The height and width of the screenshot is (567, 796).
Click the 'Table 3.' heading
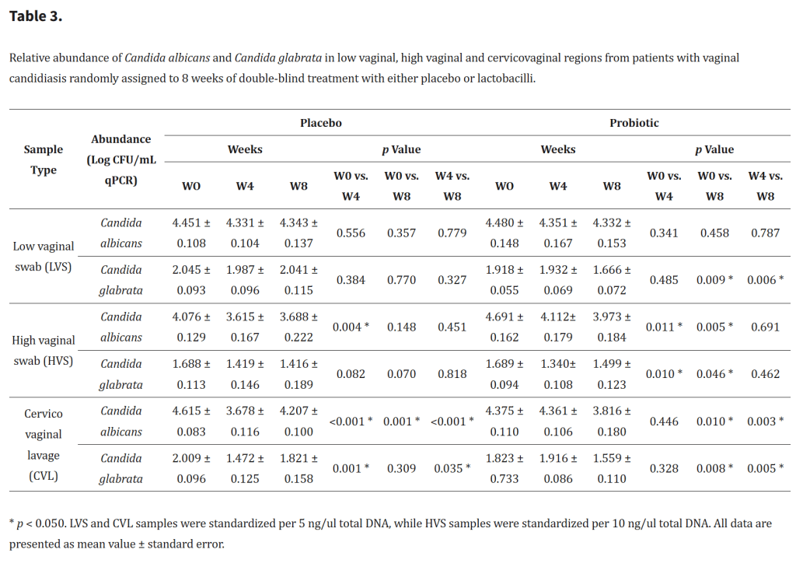(36, 16)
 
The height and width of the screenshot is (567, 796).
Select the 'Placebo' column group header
(321, 123)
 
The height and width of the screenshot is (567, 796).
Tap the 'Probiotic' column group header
(634, 123)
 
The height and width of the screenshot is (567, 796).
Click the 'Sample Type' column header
(44, 159)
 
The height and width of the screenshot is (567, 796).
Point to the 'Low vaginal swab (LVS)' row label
(44, 257)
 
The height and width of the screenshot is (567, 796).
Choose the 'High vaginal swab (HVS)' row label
(44, 351)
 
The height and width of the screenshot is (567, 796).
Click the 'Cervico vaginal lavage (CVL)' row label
(44, 445)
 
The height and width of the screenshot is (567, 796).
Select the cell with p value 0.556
(351, 233)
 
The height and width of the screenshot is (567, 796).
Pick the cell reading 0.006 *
(765, 280)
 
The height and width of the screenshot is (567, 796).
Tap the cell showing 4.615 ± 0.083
(191, 422)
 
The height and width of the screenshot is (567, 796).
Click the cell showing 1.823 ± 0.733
(504, 468)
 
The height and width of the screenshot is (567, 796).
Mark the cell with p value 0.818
(452, 374)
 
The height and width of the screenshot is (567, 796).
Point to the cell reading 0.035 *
(452, 468)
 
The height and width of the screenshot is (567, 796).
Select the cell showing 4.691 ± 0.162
(504, 327)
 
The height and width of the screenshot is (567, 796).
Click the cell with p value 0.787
(765, 233)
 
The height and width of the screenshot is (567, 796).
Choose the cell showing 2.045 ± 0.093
(191, 280)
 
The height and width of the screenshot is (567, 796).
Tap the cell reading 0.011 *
(664, 327)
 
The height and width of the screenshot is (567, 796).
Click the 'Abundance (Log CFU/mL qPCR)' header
(121, 159)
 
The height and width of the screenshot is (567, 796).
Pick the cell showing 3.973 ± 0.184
(612, 327)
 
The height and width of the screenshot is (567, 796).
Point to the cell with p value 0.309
(402, 468)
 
